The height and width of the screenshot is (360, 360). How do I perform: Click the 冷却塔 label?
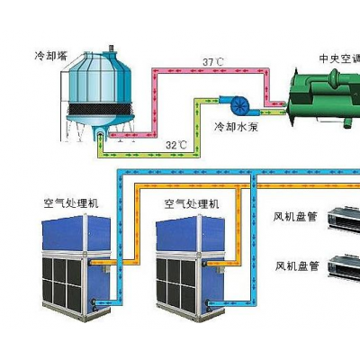click(50, 56)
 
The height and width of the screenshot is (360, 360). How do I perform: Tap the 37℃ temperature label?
click(213, 62)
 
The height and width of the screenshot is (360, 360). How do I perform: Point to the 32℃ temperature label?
click(176, 145)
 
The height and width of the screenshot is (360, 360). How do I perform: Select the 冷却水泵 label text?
click(237, 127)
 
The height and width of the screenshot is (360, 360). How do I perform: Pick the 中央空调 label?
click(339, 58)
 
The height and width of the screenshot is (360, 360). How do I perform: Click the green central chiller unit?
click(324, 98)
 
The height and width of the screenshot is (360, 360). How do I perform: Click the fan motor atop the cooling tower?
click(112, 48)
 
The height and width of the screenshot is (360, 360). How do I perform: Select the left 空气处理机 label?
click(71, 204)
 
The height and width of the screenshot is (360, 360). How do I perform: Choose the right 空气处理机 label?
click(192, 204)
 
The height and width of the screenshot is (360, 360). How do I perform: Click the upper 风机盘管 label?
click(295, 217)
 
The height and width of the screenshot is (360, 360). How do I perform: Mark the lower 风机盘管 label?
click(297, 265)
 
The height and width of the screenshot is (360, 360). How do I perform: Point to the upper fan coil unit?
click(344, 220)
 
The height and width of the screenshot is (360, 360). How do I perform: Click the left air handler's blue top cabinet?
click(76, 232)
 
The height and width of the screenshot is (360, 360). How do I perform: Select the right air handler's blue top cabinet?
click(190, 232)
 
